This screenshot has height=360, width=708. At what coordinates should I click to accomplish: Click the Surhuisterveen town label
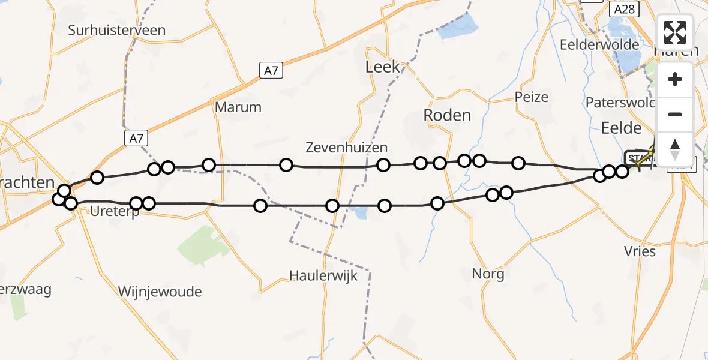pyautogui.click(x=117, y=30)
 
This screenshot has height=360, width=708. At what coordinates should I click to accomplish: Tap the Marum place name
pyautogui.click(x=238, y=107)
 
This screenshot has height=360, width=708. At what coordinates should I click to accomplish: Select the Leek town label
pyautogui.click(x=382, y=67)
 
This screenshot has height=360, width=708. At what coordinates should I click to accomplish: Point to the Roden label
pyautogui.click(x=447, y=115)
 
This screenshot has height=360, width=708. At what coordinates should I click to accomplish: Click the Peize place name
pyautogui.click(x=532, y=97)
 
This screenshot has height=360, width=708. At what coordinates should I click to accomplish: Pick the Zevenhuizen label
pyautogui.click(x=346, y=147)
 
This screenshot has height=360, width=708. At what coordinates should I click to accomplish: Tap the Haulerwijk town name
pyautogui.click(x=323, y=276)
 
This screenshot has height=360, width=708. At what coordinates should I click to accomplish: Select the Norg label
pyautogui.click(x=488, y=275)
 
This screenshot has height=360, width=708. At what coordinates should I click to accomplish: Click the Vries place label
pyautogui.click(x=640, y=251)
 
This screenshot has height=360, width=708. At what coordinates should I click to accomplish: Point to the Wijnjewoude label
pyautogui.click(x=160, y=292)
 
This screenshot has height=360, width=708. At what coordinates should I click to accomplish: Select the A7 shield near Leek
pyautogui.click(x=271, y=70)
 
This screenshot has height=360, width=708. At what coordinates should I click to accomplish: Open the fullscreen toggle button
pyautogui.click(x=675, y=32)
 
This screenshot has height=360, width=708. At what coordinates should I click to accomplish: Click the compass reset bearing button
pyautogui.click(x=675, y=149)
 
